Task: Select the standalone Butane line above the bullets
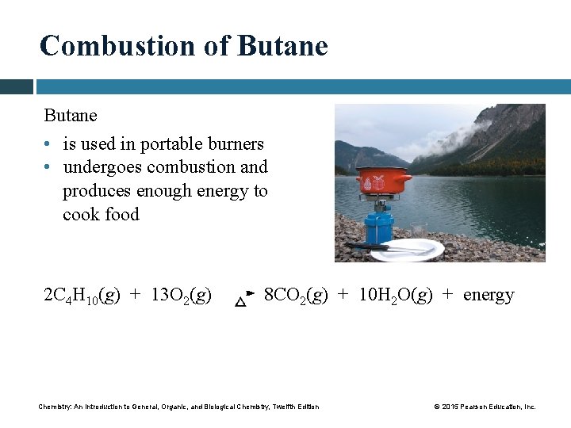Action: [x=71, y=115]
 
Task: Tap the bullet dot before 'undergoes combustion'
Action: [x=48, y=168]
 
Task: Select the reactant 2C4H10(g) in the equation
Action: [x=82, y=296]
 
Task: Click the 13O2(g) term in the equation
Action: [x=181, y=296]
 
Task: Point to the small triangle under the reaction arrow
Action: [x=240, y=302]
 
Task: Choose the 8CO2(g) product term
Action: [x=295, y=296]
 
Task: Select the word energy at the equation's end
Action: [x=488, y=296]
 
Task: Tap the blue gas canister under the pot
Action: [x=379, y=225]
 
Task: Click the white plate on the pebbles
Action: [x=407, y=250]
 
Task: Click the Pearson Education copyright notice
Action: [x=484, y=407]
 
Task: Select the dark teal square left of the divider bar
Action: [x=16, y=86]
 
